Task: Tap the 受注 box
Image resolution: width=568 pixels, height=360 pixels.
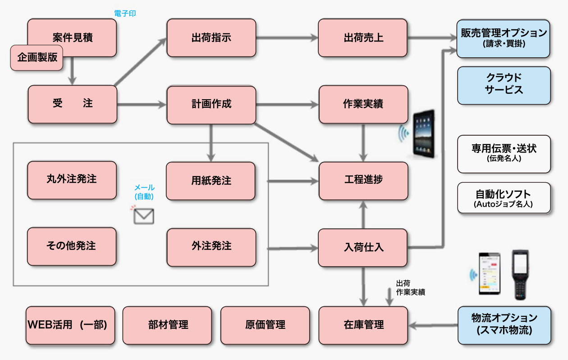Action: (x=72, y=104)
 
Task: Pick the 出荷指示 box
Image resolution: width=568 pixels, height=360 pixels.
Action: (x=211, y=37)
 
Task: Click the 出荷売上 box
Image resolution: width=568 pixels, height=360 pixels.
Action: (x=363, y=37)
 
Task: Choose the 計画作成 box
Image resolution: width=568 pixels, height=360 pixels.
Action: (x=211, y=104)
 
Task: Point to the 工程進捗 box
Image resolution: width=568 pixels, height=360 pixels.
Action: (x=363, y=180)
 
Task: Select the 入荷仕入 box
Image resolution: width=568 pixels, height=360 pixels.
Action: (x=363, y=247)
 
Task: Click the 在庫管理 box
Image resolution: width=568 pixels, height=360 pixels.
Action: (x=363, y=325)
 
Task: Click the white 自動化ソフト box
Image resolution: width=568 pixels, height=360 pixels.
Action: (x=504, y=198)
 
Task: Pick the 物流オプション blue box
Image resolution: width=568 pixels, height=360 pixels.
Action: (x=504, y=325)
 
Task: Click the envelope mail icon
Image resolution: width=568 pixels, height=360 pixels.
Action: (x=144, y=216)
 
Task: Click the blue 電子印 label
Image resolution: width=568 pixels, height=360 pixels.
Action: (x=125, y=14)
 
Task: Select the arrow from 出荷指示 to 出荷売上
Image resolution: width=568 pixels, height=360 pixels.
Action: (x=287, y=38)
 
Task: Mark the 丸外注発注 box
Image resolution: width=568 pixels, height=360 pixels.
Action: (x=72, y=180)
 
